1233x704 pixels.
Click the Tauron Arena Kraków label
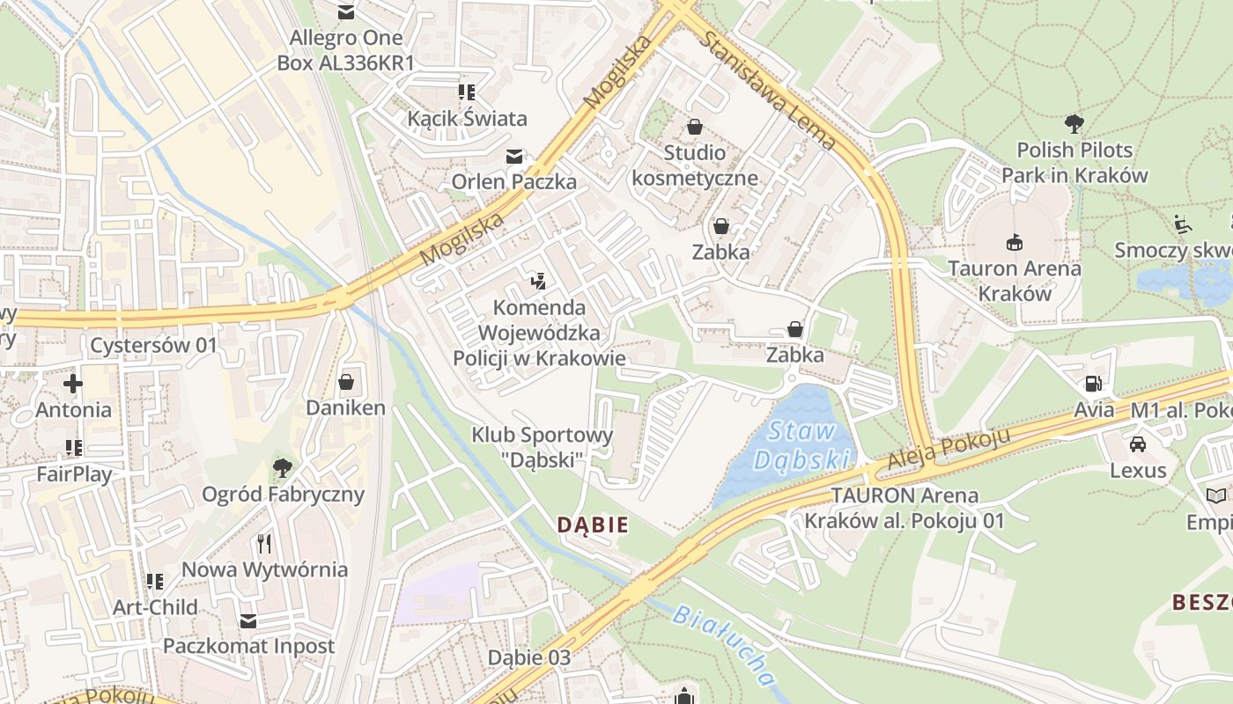(x=1014, y=280)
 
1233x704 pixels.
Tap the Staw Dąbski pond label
(x=801, y=445)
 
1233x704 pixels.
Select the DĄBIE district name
(x=593, y=525)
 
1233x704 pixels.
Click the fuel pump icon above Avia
(x=1093, y=383)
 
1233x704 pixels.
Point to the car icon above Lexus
(x=1137, y=444)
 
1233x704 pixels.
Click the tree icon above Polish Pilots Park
(x=1074, y=123)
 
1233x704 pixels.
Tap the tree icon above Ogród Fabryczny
(x=282, y=467)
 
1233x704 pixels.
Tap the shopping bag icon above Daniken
(x=346, y=382)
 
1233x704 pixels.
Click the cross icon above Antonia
(x=73, y=384)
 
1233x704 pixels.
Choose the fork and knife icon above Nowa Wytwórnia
(x=263, y=543)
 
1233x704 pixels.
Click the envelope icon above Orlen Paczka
(x=513, y=157)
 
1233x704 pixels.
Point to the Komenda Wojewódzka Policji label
(x=539, y=333)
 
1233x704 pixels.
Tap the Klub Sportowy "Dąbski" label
(x=542, y=446)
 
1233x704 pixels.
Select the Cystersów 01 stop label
(x=153, y=345)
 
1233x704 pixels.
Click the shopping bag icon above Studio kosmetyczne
(x=694, y=128)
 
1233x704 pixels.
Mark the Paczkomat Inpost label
(x=248, y=646)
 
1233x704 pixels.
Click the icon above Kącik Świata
(x=466, y=92)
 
